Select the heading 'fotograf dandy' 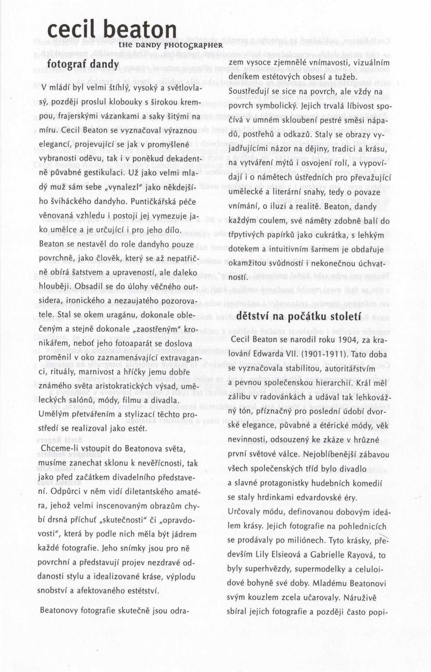coord(83,64)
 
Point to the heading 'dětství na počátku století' coord(299,316)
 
